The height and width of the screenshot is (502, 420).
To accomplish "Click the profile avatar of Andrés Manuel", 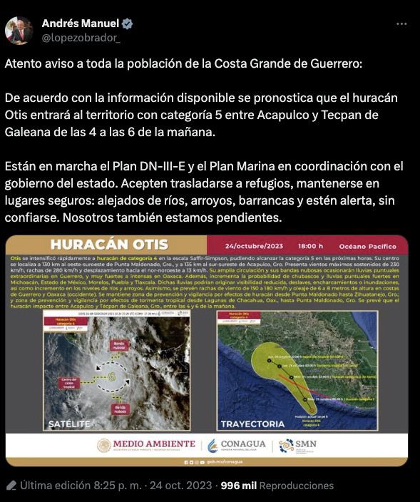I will point(19,30).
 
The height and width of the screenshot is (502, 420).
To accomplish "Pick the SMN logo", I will point(297,445).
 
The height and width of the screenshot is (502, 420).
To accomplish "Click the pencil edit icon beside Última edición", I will point(10,486).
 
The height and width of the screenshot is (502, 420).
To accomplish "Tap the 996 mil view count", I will point(238,486).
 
